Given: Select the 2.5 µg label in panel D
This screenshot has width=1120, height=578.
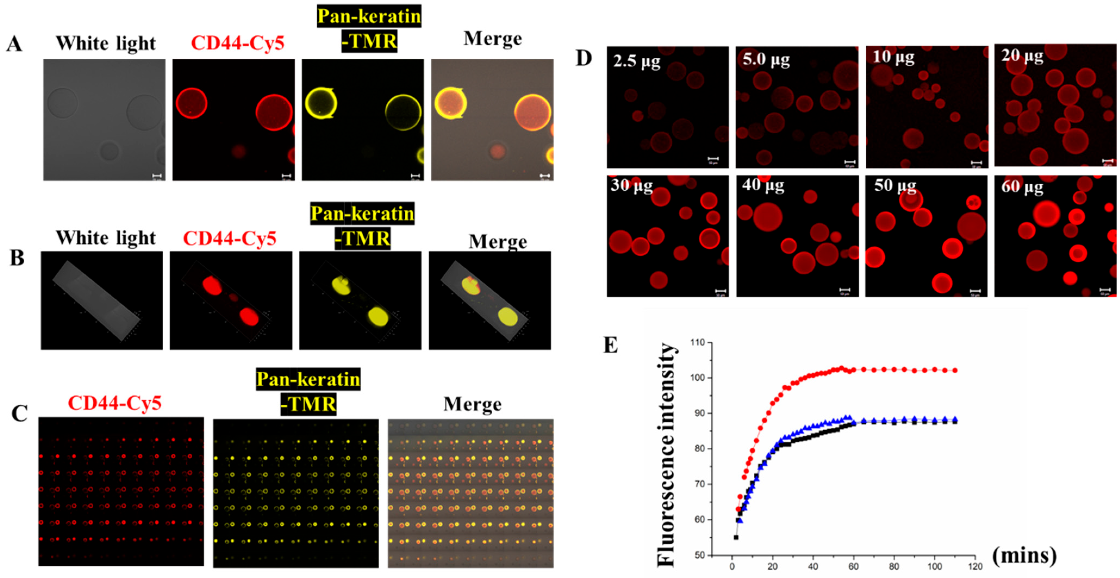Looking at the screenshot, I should (x=637, y=61).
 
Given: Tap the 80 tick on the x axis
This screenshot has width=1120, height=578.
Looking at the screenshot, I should (x=894, y=566).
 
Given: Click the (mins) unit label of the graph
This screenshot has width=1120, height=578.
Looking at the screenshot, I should (x=1024, y=555).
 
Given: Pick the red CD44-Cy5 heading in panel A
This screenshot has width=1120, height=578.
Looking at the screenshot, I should (x=237, y=43).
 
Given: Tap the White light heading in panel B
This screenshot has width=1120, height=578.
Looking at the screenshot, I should (x=106, y=238).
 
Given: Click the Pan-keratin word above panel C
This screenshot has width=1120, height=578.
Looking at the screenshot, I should (x=308, y=379).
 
